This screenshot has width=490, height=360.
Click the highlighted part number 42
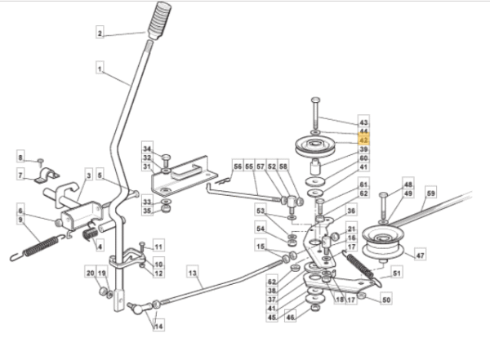coord(363,140)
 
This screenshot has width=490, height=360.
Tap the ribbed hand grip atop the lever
coord(159,20)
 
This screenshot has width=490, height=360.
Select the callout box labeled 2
coord(100,33)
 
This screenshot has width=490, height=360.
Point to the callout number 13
coord(193,273)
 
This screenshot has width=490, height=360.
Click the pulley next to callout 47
coord(383,245)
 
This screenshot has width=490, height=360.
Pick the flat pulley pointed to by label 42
coord(315,146)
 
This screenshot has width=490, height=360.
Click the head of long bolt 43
coord(315,100)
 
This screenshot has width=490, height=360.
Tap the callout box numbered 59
coord(430,193)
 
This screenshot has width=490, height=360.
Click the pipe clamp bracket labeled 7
coord(47,176)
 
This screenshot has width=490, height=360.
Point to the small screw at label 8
coord(40,162)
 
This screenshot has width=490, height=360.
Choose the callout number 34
coord(147,149)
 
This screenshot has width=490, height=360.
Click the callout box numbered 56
coord(238,167)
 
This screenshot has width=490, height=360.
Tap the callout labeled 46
coord(290,318)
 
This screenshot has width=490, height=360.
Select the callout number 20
coord(91,273)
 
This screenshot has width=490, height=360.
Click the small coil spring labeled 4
coord(90,233)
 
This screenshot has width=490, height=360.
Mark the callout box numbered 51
coord(397,273)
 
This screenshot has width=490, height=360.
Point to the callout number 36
coord(351,211)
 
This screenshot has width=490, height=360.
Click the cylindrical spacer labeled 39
coord(315,167)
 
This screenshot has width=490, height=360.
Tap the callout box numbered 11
coord(158,247)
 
